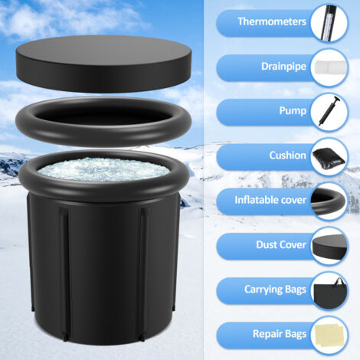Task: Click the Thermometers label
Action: [270, 22]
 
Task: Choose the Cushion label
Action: [288, 155]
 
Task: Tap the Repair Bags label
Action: [279, 334]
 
